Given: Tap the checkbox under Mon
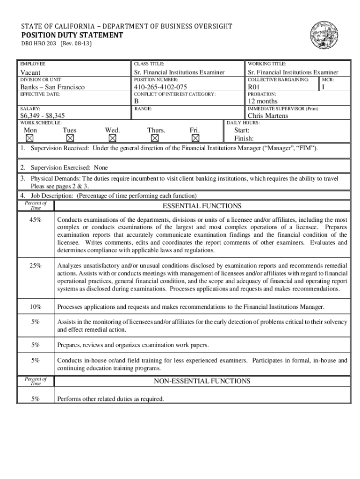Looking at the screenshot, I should tap(30, 138).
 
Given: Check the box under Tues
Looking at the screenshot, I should tap(70, 138).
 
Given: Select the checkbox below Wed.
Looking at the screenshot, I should tap(112, 138).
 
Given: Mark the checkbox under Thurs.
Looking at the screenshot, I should tap(155, 138).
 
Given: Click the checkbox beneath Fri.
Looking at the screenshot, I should tap(195, 138).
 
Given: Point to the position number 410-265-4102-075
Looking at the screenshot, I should tap(160, 87).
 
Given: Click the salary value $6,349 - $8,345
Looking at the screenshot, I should tap(42, 116).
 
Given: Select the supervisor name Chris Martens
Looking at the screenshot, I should tap(268, 116).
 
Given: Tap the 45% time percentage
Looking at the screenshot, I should tap(35, 220).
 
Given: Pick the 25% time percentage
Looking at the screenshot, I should tap(35, 266).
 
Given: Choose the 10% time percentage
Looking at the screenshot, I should tap(35, 307).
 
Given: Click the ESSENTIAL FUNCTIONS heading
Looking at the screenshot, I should tap(202, 206).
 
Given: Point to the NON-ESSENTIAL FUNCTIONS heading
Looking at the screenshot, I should tap(202, 381).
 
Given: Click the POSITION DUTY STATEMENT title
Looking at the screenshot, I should tap(72, 35).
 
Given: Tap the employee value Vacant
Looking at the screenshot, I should tap(30, 73).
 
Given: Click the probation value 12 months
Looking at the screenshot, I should tap(262, 101).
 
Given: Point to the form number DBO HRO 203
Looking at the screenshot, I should tap(36, 44).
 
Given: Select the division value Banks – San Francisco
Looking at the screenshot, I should tap(52, 87).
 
